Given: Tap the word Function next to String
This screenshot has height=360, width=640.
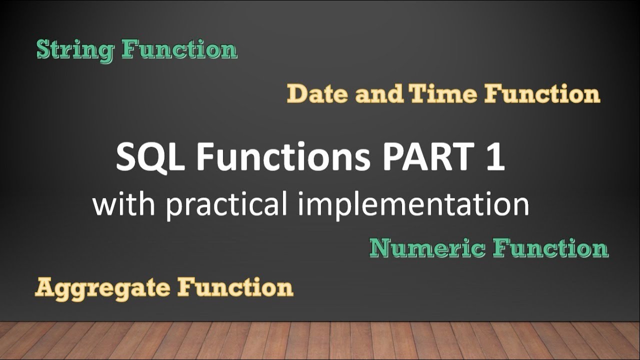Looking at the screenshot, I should (179, 50).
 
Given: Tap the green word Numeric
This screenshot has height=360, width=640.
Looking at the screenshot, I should (427, 248).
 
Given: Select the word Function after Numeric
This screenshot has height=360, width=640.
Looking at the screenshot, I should (550, 248).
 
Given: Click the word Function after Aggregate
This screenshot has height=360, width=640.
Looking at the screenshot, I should (235, 287).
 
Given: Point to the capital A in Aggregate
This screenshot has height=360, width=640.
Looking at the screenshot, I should (44, 287).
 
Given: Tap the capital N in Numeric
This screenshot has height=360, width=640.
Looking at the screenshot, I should (381, 248).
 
